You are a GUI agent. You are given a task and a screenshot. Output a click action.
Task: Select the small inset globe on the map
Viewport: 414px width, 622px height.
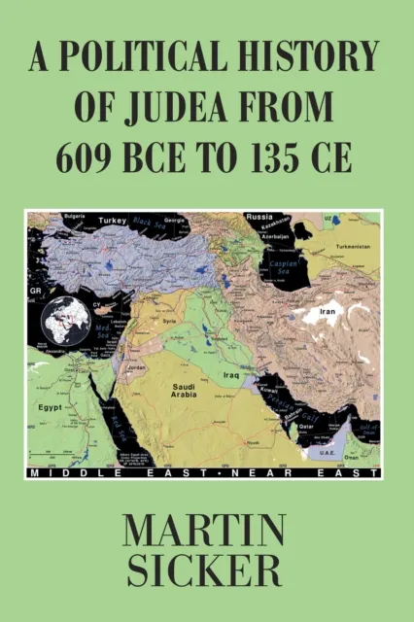[63, 321]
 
